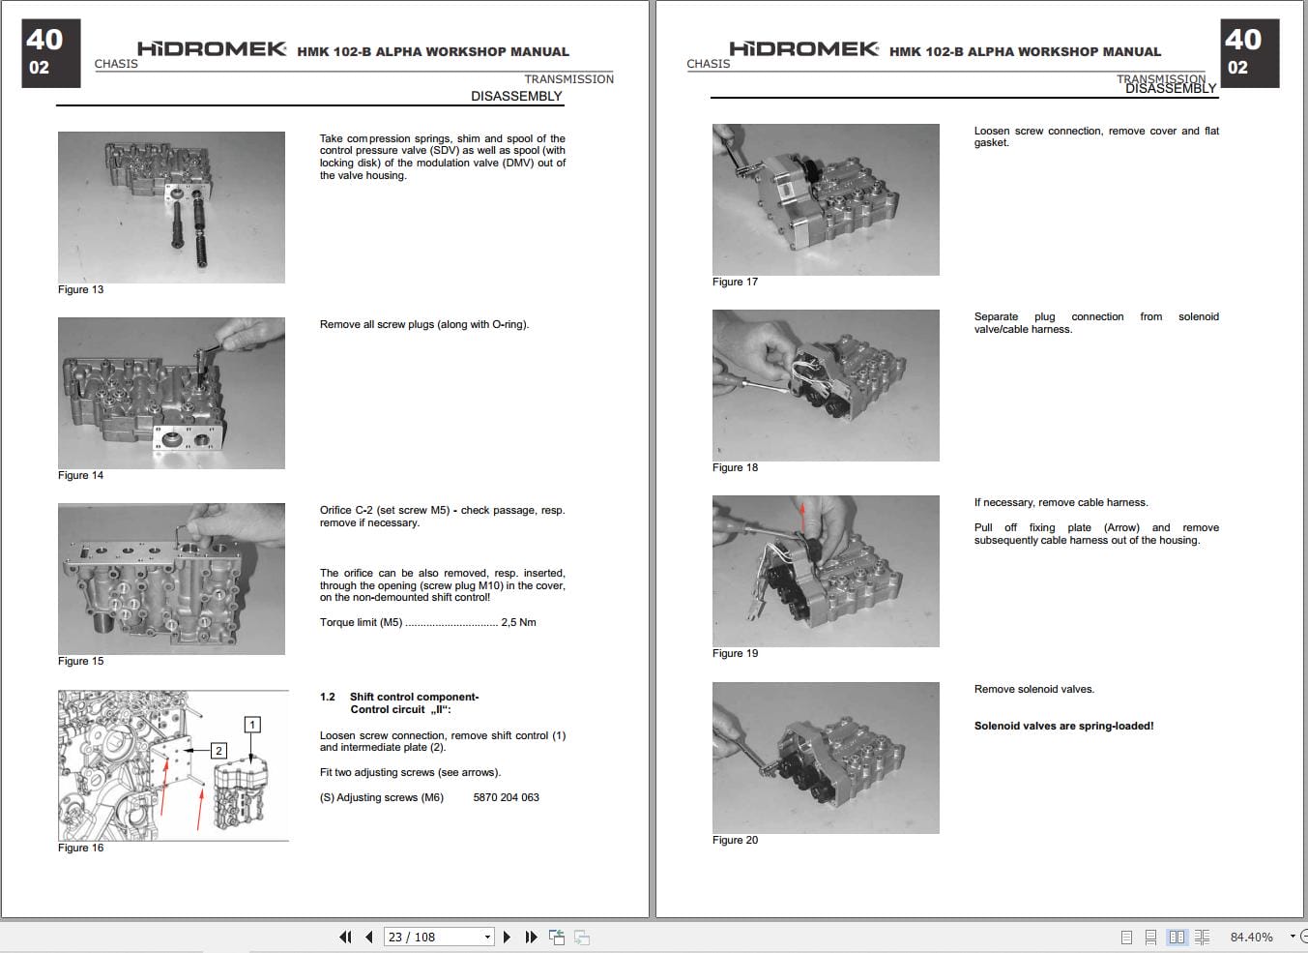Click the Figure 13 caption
(x=80, y=289)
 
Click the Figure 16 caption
(x=80, y=848)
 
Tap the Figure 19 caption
(x=735, y=653)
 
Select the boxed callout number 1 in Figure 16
(x=252, y=725)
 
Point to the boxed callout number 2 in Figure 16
(x=218, y=750)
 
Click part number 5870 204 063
(x=506, y=797)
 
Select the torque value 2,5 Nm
(x=518, y=622)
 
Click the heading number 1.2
(x=328, y=697)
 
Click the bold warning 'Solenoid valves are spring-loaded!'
(x=1063, y=726)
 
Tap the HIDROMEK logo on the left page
(x=211, y=48)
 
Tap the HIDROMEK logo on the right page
(x=803, y=48)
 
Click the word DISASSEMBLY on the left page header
(x=516, y=96)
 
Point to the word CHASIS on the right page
(x=708, y=64)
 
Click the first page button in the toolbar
(x=345, y=937)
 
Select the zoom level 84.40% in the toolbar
(x=1251, y=937)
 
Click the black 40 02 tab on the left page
(x=50, y=53)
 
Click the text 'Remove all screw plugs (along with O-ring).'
(x=424, y=324)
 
